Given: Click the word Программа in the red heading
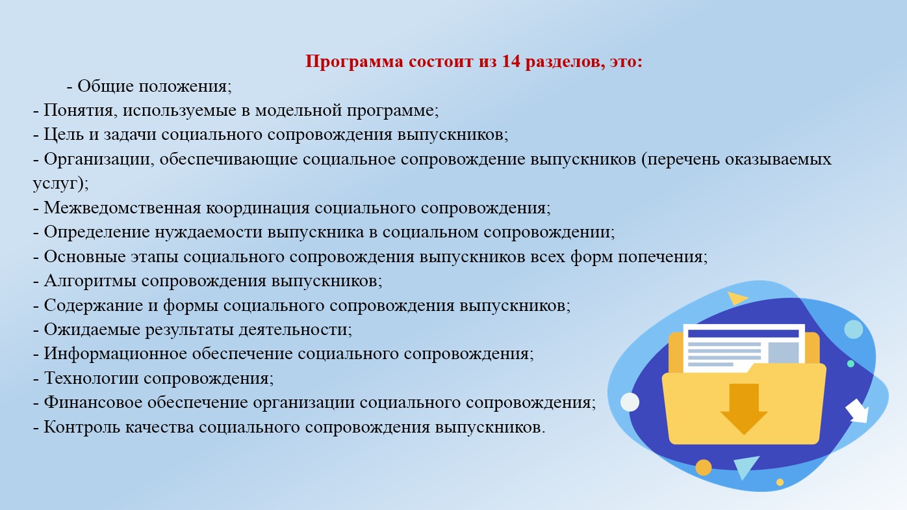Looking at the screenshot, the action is (x=354, y=62).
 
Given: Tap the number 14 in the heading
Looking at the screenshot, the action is (x=511, y=61).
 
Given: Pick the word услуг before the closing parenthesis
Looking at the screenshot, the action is (x=55, y=184).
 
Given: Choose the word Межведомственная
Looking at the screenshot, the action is (x=122, y=208).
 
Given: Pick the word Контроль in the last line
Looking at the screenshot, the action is (x=82, y=427).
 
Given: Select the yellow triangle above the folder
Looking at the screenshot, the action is (x=737, y=299).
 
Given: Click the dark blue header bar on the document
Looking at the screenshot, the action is (x=743, y=334).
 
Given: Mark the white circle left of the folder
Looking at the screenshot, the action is (x=630, y=402).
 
